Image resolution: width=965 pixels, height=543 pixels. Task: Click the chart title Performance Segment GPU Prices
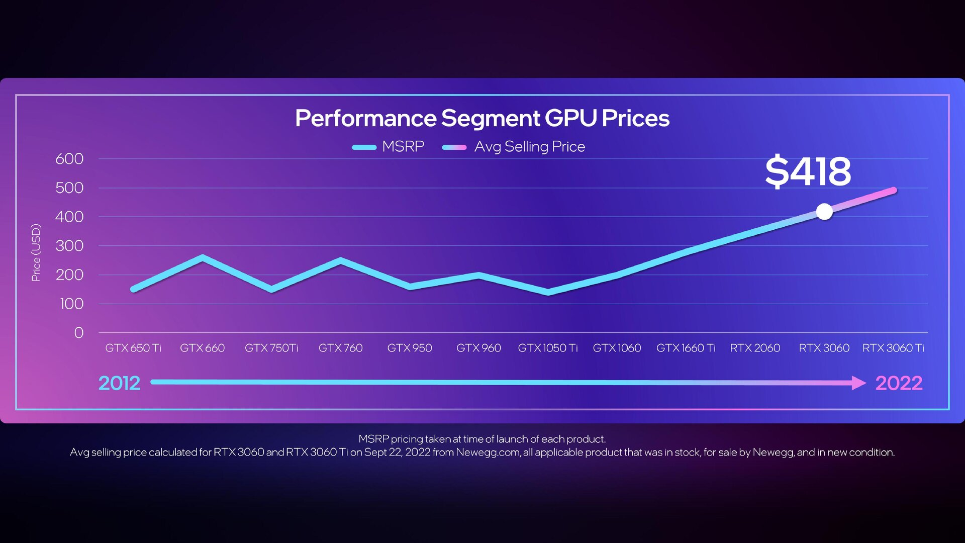tap(482, 119)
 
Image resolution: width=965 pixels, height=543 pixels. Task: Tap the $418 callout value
tap(808, 171)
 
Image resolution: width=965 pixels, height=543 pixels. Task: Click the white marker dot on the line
tap(824, 212)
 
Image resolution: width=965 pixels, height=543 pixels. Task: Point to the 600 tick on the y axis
tap(69, 159)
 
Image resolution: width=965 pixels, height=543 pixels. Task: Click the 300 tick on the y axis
tap(69, 246)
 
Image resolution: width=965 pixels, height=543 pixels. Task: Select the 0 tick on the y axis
tap(78, 333)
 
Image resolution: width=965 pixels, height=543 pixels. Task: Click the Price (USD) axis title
tap(36, 252)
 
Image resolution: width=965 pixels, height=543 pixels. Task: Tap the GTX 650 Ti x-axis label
tap(133, 348)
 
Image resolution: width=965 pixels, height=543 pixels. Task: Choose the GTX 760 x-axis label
tap(340, 348)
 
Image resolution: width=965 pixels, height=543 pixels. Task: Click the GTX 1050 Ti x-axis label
tap(548, 348)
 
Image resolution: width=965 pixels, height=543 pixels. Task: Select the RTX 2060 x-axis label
tap(755, 348)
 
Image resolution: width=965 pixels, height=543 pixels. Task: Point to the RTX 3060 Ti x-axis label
tap(893, 348)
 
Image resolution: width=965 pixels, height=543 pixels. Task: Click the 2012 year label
tap(119, 383)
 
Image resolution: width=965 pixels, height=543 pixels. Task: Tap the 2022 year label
tap(899, 383)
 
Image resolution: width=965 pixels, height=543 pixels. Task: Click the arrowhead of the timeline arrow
tap(858, 383)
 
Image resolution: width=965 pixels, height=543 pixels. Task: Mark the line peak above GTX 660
tap(202, 258)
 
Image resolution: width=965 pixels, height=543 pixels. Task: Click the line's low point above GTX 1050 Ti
tap(548, 292)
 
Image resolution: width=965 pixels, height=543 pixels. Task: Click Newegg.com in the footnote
tap(488, 452)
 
